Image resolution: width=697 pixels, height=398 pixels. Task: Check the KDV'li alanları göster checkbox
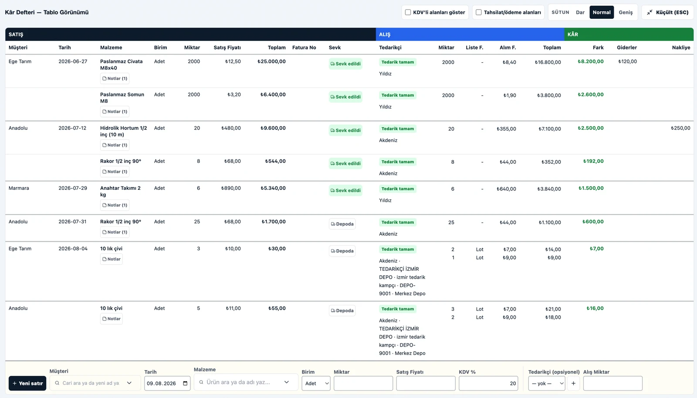408,13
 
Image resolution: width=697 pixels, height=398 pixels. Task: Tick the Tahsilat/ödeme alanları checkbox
479,13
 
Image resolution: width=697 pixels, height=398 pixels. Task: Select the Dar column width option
580,13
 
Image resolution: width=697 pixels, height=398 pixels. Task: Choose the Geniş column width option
626,13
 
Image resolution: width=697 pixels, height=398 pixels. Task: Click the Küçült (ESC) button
667,13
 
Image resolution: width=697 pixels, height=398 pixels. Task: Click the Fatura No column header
304,47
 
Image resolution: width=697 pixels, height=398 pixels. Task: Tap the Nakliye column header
681,47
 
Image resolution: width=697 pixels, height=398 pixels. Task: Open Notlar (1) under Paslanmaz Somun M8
115,111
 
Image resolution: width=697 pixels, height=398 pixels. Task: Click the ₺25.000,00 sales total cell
271,61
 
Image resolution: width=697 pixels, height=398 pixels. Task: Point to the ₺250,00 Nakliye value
680,128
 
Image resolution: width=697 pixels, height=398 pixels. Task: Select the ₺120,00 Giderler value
627,61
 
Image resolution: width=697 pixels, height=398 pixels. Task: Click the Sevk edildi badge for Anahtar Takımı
345,190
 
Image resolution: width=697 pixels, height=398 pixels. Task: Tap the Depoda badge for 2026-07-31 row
342,224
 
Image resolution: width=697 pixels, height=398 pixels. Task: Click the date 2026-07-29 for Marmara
73,188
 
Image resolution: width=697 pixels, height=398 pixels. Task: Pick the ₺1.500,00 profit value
591,188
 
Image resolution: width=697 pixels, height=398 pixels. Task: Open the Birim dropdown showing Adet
316,383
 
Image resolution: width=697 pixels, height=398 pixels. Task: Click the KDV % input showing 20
488,383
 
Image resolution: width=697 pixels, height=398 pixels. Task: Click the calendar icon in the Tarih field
185,383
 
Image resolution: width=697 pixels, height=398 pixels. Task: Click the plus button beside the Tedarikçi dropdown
573,383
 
